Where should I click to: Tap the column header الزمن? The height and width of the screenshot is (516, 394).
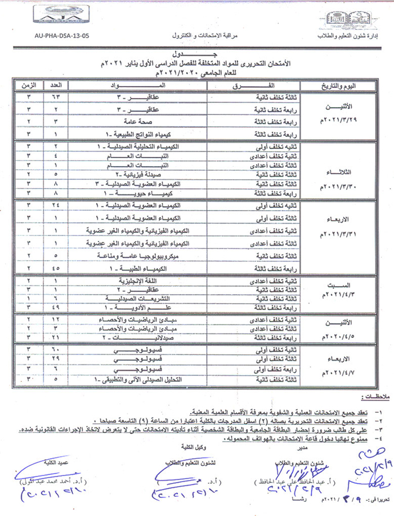click(29, 86)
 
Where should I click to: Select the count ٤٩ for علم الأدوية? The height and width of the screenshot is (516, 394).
click(64, 308)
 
